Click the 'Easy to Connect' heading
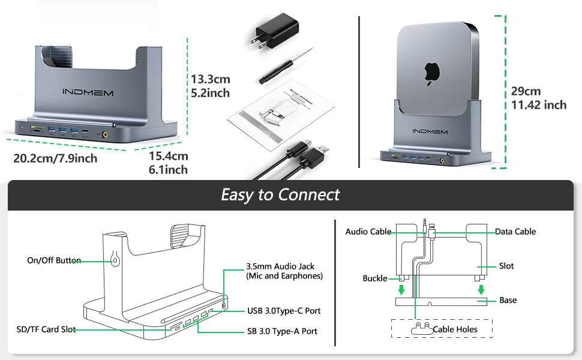(280, 195)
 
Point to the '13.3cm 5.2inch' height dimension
(210, 86)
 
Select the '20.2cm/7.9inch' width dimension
(55, 158)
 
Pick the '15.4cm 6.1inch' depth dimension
(169, 163)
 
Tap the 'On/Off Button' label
(54, 260)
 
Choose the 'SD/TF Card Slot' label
(46, 329)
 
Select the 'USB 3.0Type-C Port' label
(284, 311)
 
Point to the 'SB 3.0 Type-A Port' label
(282, 331)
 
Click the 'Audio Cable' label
(368, 232)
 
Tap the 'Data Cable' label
(515, 232)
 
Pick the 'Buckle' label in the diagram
(374, 278)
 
